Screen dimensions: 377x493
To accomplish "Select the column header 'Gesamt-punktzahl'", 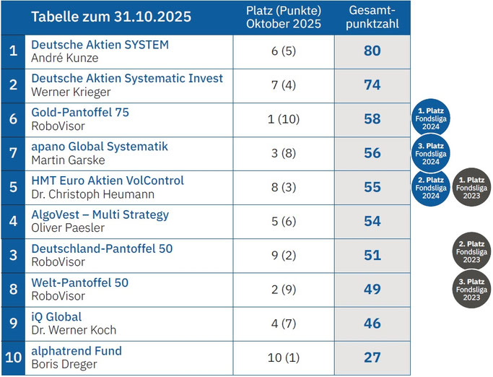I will pyautogui.click(x=372, y=17).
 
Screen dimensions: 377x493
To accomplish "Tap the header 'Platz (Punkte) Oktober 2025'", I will pyautogui.click(x=283, y=17).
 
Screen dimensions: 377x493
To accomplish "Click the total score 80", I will pyautogui.click(x=372, y=51).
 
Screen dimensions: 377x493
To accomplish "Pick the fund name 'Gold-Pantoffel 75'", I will pyautogui.click(x=80, y=113).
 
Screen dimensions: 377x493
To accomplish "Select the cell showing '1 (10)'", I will pyautogui.click(x=283, y=119).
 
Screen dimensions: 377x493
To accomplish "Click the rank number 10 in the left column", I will pyautogui.click(x=13, y=357).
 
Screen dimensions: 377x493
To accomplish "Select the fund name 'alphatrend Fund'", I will pyautogui.click(x=77, y=351).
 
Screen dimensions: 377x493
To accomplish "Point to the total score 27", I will pyautogui.click(x=372, y=357).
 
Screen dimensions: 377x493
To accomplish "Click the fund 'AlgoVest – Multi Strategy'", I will pyautogui.click(x=100, y=214).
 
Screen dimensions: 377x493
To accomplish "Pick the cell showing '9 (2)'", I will pyautogui.click(x=283, y=256).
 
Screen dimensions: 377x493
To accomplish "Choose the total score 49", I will pyautogui.click(x=372, y=290).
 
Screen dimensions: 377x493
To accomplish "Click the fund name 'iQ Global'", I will pyautogui.click(x=56, y=316).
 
